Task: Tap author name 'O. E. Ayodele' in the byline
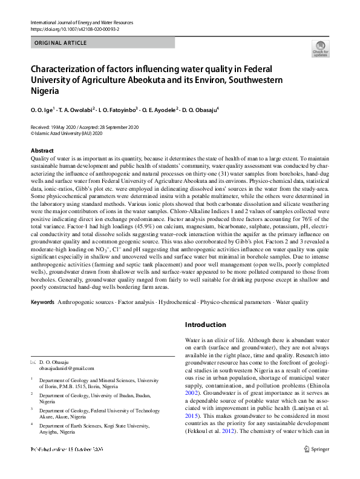[x=159, y=110]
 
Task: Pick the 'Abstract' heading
[x=42, y=150]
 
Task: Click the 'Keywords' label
[x=42, y=301]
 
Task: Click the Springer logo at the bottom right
[x=317, y=466]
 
